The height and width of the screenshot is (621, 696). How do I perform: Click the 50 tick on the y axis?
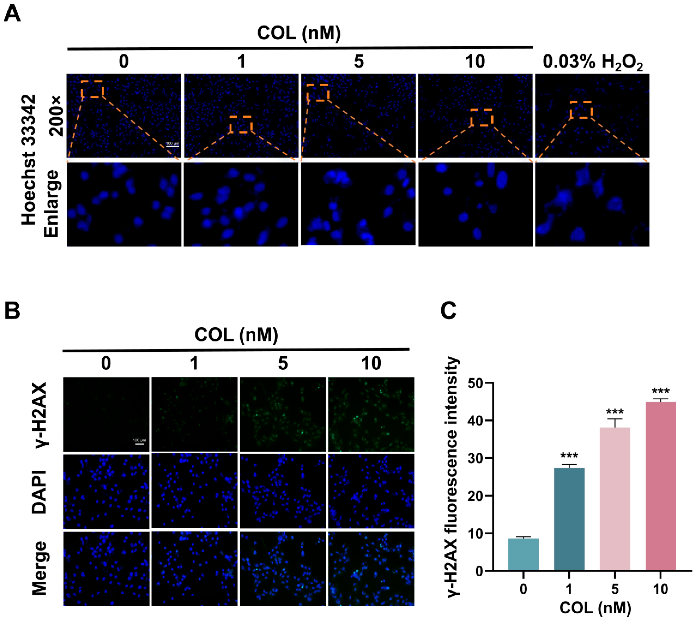476,383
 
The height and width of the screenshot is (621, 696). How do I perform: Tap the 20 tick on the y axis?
476,496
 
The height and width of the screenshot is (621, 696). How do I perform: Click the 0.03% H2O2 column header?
593,63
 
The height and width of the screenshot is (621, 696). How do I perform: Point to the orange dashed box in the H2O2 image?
581,110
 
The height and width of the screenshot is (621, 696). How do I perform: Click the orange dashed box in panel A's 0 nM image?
92,89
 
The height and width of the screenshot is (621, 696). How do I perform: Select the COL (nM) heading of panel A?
299,33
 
